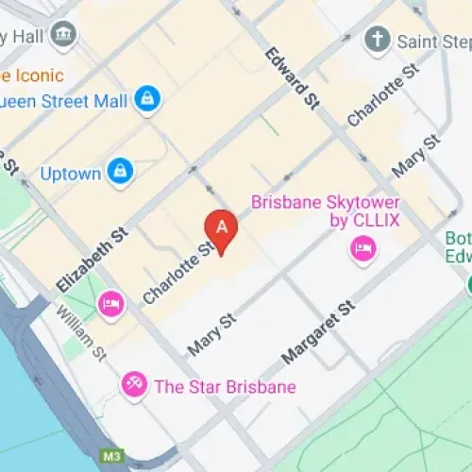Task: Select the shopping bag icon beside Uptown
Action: pyautogui.click(x=121, y=171)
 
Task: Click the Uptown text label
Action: pyautogui.click(x=72, y=173)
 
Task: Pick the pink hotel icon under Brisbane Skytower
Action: pyautogui.click(x=362, y=249)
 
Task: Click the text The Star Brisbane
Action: pyautogui.click(x=225, y=386)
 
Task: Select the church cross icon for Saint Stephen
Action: pyautogui.click(x=378, y=41)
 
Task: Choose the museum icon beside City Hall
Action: pyautogui.click(x=65, y=34)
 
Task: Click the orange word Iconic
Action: pyautogui.click(x=38, y=75)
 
